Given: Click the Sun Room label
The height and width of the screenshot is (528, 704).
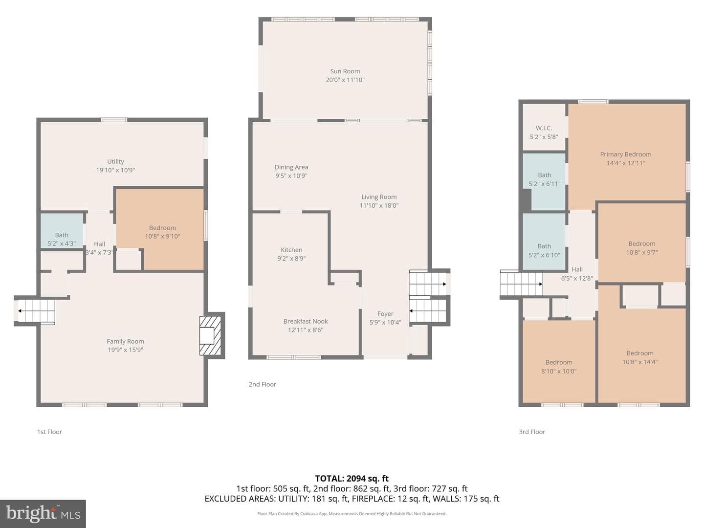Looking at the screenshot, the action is point(345,71).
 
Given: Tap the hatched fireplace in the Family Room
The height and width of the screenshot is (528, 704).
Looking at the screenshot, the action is point(210,335).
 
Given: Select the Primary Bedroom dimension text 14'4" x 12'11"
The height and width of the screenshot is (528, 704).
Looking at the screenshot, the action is point(625,163).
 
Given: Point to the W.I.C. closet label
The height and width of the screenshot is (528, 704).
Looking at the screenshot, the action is point(544,128).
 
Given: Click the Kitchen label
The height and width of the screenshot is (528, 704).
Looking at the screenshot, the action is point(291,250).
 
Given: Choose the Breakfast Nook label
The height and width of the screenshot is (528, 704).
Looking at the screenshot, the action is point(306,321).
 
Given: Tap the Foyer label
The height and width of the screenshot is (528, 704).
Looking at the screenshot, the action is point(385,314).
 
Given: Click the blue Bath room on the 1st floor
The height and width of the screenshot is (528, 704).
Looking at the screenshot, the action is point(62,230).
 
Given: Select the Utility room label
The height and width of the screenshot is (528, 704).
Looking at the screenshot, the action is point(115,161).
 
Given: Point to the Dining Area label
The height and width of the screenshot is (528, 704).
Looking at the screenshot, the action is point(291,167).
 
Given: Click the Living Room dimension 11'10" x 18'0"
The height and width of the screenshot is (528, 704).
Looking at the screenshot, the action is point(379,205).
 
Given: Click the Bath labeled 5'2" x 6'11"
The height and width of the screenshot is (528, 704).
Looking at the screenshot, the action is point(544,179).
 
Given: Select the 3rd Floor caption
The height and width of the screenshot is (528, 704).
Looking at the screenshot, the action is point(532,432).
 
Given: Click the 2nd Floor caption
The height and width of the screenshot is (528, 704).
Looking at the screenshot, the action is point(262,384).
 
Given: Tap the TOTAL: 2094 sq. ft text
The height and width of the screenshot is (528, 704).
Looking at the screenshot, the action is point(352,479).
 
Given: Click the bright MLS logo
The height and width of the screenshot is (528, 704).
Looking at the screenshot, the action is point(43,513).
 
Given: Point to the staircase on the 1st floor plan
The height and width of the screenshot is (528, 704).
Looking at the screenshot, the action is point(36,311).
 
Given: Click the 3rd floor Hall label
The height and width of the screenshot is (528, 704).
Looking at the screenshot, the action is point(577,269).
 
